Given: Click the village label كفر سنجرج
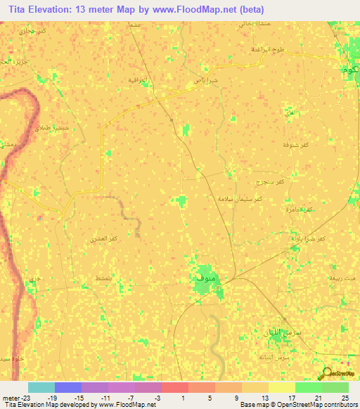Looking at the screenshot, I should [x=271, y=182].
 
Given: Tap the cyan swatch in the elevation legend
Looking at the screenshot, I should [x=41, y=387].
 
